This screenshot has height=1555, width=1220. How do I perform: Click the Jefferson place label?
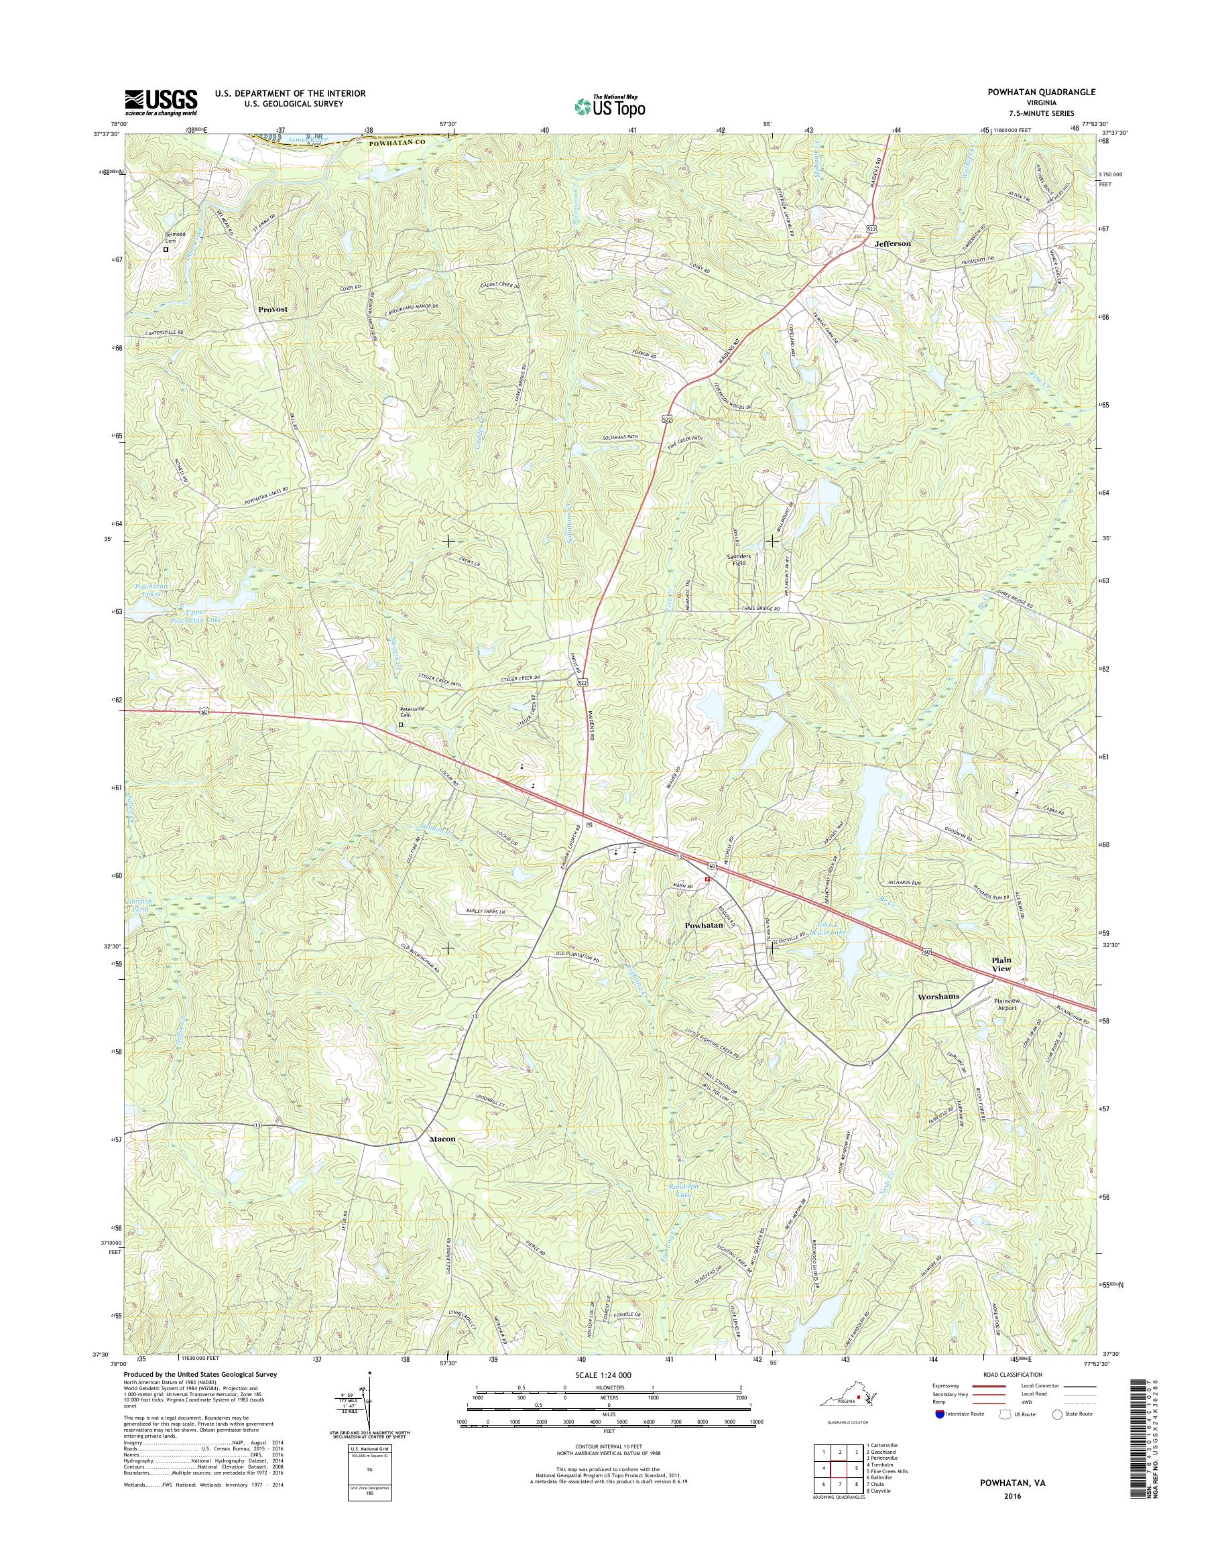coord(893,243)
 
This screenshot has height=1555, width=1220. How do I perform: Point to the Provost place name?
coord(273,309)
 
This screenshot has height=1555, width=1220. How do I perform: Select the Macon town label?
coord(442,1159)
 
